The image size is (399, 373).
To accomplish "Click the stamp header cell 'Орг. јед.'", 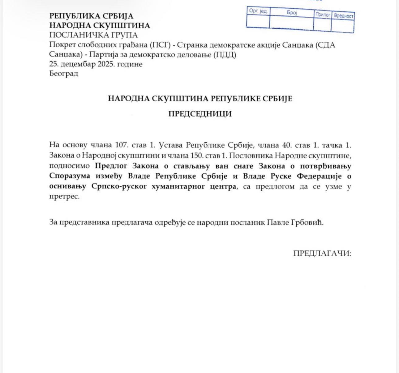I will click(x=258, y=11).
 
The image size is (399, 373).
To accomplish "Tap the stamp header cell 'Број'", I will click(x=292, y=13).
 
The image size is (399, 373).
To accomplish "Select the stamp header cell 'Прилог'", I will click(x=323, y=15).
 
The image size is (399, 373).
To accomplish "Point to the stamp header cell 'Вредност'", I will click(x=343, y=16).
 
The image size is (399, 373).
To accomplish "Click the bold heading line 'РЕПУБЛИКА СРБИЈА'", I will click(x=91, y=16).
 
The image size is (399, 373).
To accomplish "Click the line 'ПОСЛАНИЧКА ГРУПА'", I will click(x=93, y=35).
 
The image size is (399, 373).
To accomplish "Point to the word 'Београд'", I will click(x=64, y=74).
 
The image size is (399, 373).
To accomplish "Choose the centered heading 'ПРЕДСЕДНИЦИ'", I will click(x=200, y=114).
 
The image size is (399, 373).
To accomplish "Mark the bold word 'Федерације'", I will click(x=319, y=176).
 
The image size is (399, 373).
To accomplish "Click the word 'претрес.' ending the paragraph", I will click(x=64, y=197).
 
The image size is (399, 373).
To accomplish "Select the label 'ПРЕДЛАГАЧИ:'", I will click(x=322, y=253).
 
